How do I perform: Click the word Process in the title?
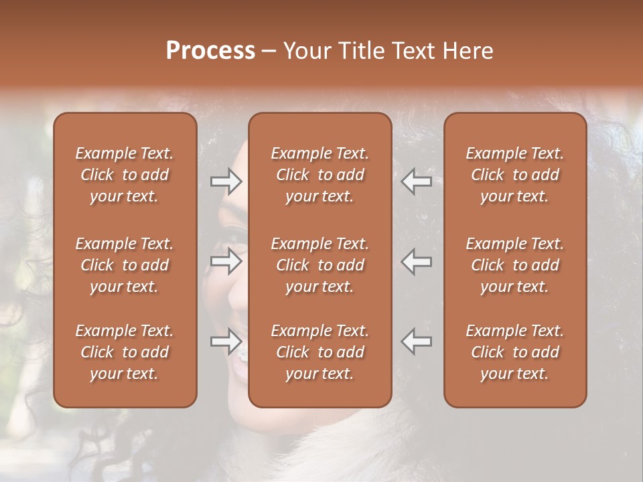pos(210,51)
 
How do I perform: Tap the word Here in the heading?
pos(467,51)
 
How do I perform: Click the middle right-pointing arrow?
pos(226,262)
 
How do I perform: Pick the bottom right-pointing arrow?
pos(226,341)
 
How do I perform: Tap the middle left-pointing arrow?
pos(416,262)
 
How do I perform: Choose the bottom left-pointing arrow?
pos(416,341)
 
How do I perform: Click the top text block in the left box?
pos(125,175)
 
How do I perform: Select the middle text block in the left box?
pos(125,265)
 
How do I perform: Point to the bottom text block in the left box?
pos(125,352)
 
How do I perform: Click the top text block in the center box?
pos(320,175)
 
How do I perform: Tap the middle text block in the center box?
pos(320,265)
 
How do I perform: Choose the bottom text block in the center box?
pos(320,352)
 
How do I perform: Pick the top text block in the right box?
pos(515,175)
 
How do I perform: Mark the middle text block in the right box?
pos(515,265)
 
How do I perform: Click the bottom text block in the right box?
pos(515,352)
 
